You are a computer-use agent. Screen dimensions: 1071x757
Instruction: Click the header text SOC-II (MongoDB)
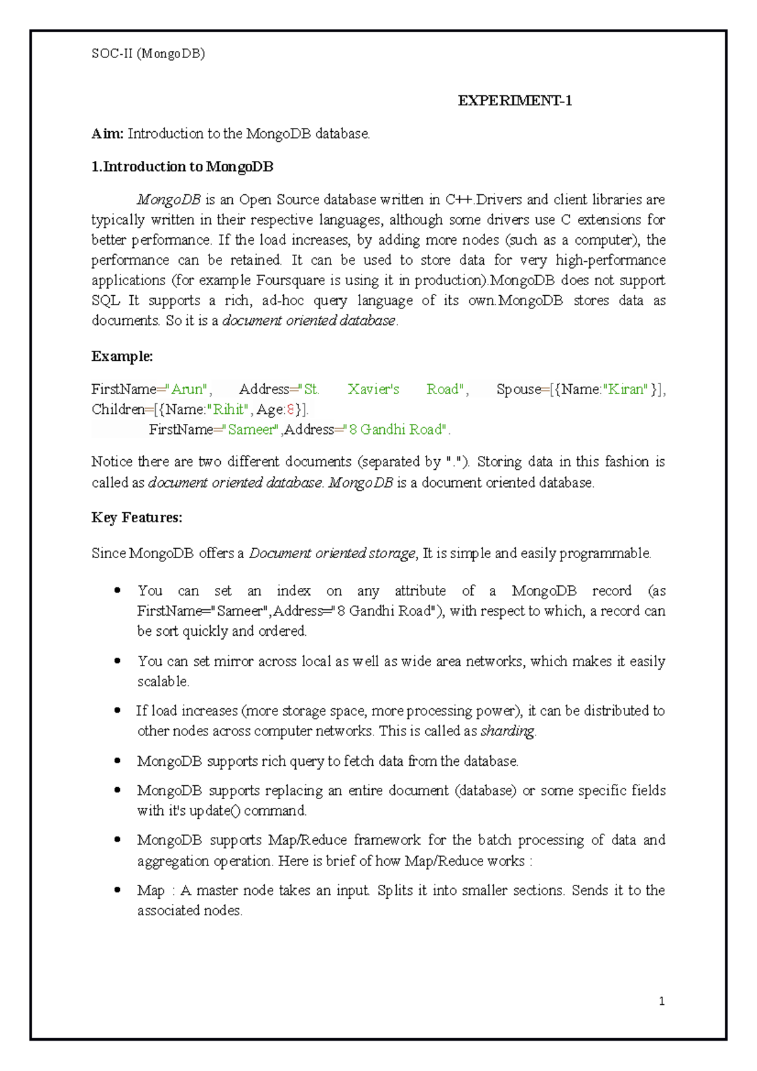(x=148, y=54)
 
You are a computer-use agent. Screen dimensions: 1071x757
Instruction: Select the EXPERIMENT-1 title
(x=515, y=101)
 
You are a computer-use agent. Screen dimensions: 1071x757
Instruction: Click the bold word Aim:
(x=107, y=134)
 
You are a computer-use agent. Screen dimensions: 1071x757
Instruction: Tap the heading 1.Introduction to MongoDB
(x=182, y=167)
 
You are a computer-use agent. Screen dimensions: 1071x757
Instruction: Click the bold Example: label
(x=122, y=356)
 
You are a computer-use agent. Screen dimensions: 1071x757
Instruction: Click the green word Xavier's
(x=373, y=389)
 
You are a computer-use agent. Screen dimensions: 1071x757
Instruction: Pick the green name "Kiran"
(x=626, y=389)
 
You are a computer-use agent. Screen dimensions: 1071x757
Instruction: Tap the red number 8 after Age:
(x=290, y=409)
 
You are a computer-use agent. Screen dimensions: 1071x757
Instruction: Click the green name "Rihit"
(x=230, y=409)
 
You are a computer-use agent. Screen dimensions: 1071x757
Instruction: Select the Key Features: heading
(x=137, y=518)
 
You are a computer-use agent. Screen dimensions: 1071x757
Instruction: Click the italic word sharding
(x=507, y=731)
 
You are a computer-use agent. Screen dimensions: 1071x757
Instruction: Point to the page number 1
(x=661, y=1001)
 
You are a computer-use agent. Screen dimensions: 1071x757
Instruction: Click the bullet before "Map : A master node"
(x=117, y=890)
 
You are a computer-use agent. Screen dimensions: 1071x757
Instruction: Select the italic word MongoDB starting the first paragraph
(x=168, y=200)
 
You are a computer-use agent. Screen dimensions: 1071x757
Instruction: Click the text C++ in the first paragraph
(x=459, y=200)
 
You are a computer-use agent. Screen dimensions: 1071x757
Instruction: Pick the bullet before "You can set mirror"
(x=117, y=660)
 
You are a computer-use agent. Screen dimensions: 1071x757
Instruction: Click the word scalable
(x=163, y=682)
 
